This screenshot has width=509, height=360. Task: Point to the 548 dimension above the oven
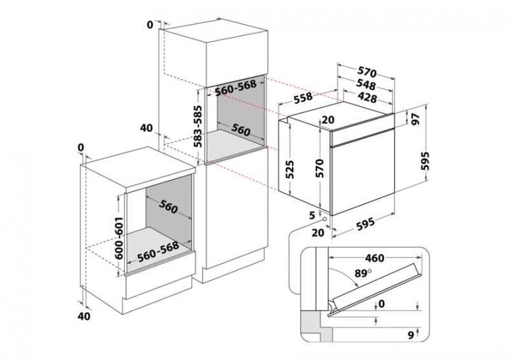click(x=365, y=85)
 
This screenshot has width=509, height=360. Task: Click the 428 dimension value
click(x=365, y=98)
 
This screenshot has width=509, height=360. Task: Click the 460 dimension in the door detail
click(x=375, y=258)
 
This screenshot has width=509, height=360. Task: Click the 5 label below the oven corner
click(x=312, y=215)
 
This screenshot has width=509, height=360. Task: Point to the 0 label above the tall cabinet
click(x=150, y=25)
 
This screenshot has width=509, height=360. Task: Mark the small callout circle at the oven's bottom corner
click(x=326, y=221)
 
